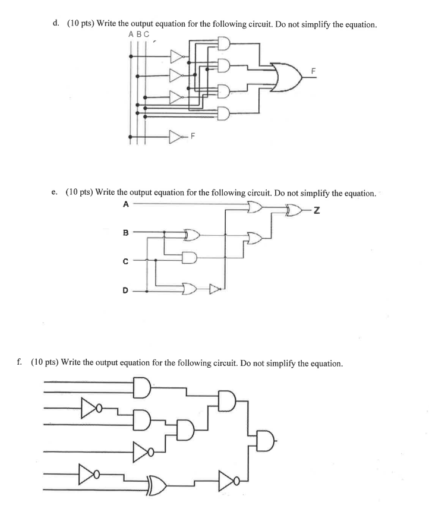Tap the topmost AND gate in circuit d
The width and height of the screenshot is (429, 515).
tap(224, 44)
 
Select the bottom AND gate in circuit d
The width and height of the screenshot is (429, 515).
tap(224, 112)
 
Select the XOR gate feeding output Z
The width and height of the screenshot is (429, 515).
tap(294, 210)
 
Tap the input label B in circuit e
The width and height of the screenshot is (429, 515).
tap(125, 233)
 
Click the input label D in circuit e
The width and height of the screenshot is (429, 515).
tap(125, 291)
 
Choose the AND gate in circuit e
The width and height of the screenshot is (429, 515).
tap(190, 258)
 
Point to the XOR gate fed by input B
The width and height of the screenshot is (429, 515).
tap(192, 234)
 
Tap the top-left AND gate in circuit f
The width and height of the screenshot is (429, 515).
tap(143, 388)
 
